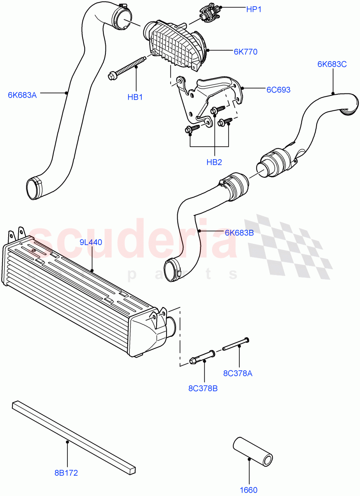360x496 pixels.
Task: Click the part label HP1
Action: [254, 9]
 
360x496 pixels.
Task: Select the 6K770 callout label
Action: [245, 52]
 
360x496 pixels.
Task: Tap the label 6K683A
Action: [22, 95]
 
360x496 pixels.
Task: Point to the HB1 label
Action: [135, 98]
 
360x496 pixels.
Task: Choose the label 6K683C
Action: [332, 64]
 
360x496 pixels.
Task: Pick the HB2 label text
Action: [214, 162]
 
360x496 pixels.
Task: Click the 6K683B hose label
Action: [239, 233]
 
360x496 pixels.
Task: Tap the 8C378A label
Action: [238, 374]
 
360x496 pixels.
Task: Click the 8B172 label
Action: [66, 473]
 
